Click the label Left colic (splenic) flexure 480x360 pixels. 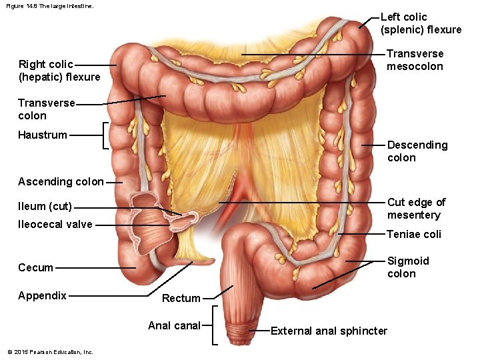(x=420, y=23)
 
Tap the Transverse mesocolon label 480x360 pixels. (x=415, y=60)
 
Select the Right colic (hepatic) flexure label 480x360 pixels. (x=59, y=71)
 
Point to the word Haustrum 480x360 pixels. (x=43, y=135)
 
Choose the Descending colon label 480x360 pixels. (x=417, y=151)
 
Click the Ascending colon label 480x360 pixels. (x=61, y=182)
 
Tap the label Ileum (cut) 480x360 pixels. (x=45, y=207)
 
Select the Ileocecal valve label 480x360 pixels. (x=55, y=225)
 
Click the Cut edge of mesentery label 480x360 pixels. (x=416, y=209)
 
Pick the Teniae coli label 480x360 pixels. (x=413, y=235)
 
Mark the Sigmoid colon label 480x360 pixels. (x=408, y=267)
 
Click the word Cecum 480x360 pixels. (x=35, y=268)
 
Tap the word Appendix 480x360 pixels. (x=42, y=296)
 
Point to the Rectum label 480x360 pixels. (x=181, y=299)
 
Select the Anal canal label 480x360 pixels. (x=174, y=326)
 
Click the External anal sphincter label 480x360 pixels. (x=329, y=331)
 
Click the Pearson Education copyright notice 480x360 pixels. (x=50, y=352)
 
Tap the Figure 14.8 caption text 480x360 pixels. (x=49, y=6)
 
